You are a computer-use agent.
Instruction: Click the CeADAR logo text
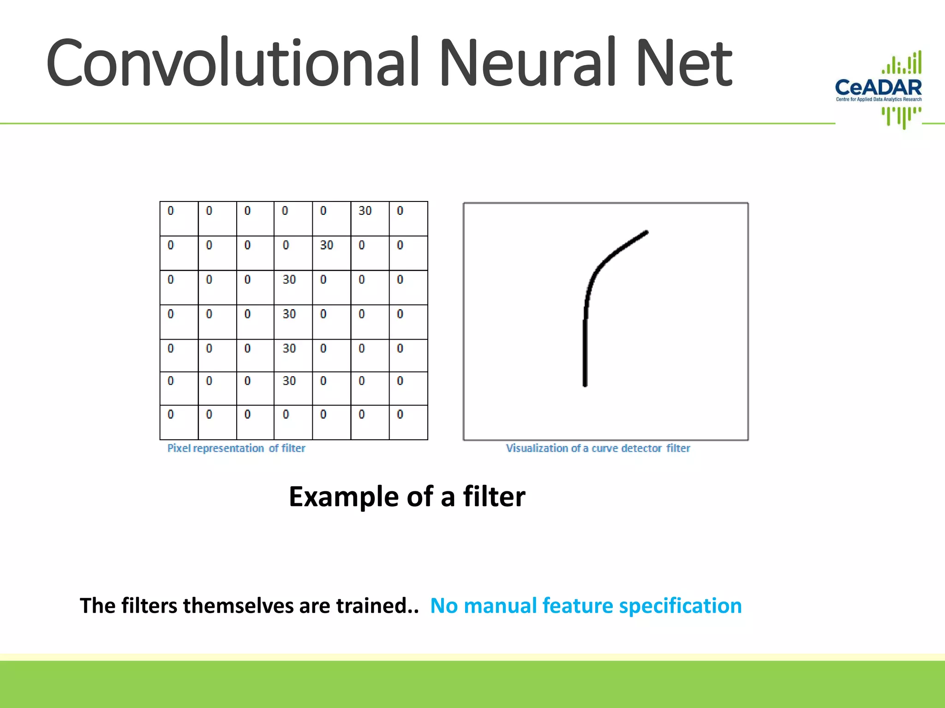pos(878,87)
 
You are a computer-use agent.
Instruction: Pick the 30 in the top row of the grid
pos(365,211)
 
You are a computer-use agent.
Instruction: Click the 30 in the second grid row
pos(327,245)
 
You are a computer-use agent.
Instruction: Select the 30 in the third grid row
pos(289,280)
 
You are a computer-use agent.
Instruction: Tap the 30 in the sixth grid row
pos(289,381)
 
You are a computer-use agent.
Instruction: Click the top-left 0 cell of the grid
pos(171,211)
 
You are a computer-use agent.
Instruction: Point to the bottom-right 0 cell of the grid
pos(400,414)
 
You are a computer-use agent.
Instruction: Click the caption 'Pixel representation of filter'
pos(236,448)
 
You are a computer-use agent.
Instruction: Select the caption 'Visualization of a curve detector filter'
pos(598,448)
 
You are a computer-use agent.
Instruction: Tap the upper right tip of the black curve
pos(646,233)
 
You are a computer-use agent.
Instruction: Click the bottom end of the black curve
pos(585,383)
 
